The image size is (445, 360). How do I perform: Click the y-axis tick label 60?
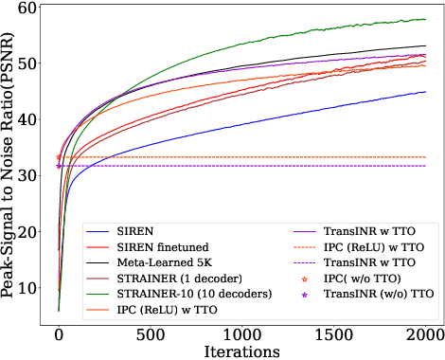point(29,8)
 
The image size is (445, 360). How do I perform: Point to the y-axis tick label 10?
point(29,287)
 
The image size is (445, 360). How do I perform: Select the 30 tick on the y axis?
point(29,175)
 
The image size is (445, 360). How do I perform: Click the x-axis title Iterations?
point(241,350)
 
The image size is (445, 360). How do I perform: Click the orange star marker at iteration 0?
point(59,157)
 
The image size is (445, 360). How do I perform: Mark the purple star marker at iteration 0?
point(59,166)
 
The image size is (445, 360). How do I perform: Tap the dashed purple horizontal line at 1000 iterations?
point(242,166)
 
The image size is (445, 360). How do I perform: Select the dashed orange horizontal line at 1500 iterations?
point(334,157)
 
